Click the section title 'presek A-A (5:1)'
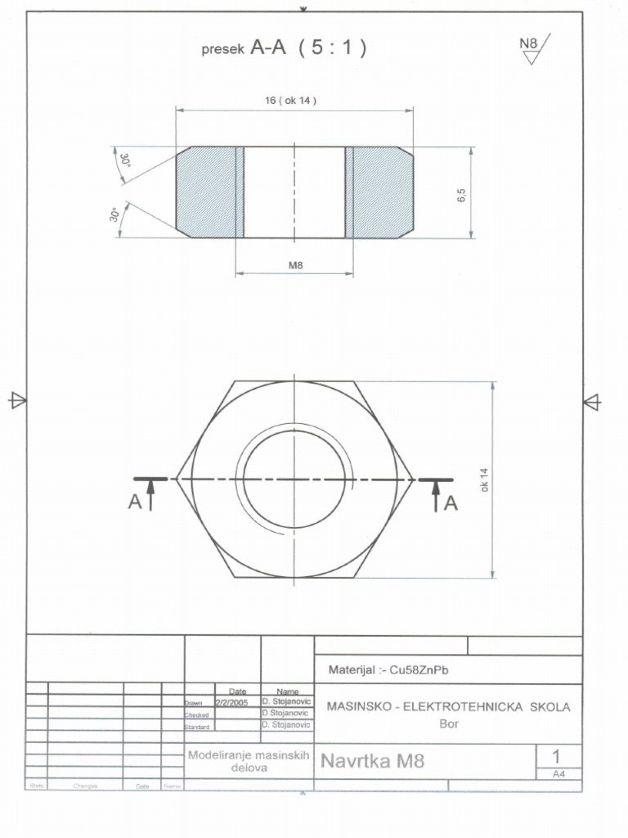tap(283, 48)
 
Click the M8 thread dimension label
tap(294, 265)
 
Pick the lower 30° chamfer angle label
tap(115, 214)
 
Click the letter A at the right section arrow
tap(451, 504)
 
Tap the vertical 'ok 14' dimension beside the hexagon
tap(484, 480)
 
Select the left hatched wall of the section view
tap(209, 193)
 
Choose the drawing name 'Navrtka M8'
tap(373, 762)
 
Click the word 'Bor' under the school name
tap(449, 723)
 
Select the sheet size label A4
tap(559, 773)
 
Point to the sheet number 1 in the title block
tap(557, 755)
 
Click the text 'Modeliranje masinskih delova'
tap(248, 762)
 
